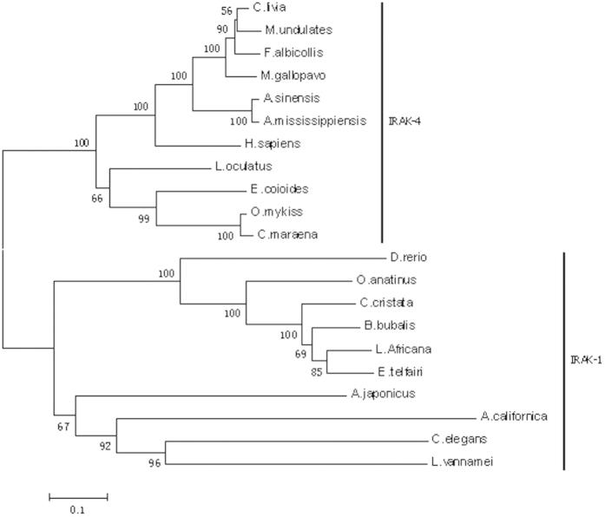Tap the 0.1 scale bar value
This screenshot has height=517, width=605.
76,510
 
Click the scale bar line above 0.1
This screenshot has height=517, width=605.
78,497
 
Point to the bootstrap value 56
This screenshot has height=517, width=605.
227,11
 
